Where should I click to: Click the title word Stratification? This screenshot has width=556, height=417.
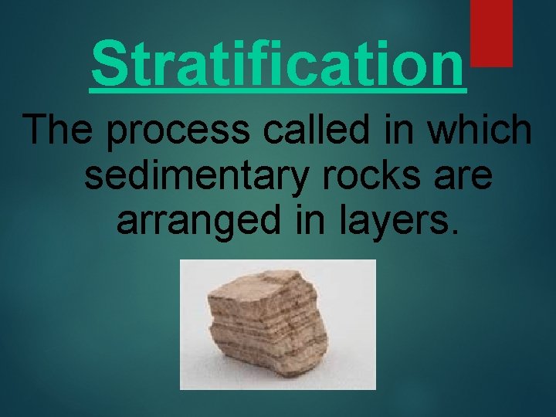point(278,63)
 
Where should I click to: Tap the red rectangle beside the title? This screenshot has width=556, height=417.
point(492,32)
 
